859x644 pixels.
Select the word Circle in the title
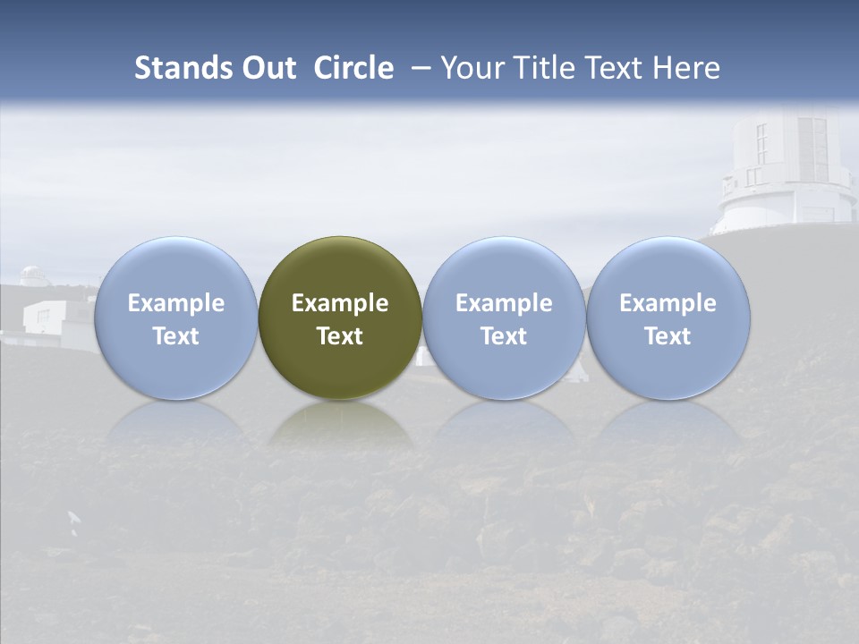pyautogui.click(x=353, y=68)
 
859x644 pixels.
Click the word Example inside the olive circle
pyautogui.click(x=340, y=303)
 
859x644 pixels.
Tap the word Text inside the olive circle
pyautogui.click(x=340, y=336)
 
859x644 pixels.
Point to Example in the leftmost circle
pyautogui.click(x=175, y=303)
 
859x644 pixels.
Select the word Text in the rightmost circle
pyautogui.click(x=668, y=336)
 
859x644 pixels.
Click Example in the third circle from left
pyautogui.click(x=504, y=303)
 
